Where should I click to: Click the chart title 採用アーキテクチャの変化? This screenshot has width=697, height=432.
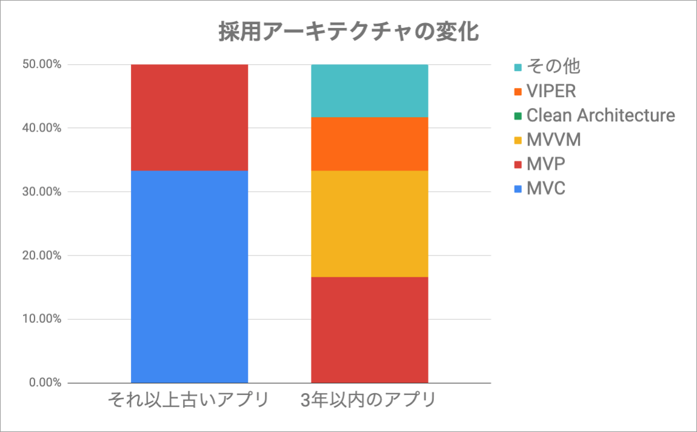click(349, 33)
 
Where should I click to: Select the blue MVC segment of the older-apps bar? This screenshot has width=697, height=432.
click(189, 277)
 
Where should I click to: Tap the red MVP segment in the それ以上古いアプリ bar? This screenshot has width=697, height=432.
click(189, 117)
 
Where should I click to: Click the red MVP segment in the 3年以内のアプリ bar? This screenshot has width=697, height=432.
click(369, 329)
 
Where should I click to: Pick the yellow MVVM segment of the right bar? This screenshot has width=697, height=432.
click(369, 223)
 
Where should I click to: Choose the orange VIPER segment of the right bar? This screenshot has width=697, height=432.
click(369, 144)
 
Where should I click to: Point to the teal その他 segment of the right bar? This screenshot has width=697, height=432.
click(369, 90)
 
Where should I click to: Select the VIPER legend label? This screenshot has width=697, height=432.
click(551, 91)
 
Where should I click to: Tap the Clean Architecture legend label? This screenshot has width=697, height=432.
click(600, 115)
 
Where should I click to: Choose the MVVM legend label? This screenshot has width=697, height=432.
click(553, 140)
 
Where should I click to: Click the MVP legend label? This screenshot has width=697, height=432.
click(546, 164)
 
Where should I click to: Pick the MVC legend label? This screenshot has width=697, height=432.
click(546, 188)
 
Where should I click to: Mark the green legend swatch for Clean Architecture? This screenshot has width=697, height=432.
click(516, 116)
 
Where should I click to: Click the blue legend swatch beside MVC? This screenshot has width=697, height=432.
click(516, 189)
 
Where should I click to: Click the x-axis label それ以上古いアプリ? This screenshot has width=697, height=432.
click(188, 401)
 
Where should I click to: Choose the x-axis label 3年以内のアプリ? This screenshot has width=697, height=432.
click(369, 401)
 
